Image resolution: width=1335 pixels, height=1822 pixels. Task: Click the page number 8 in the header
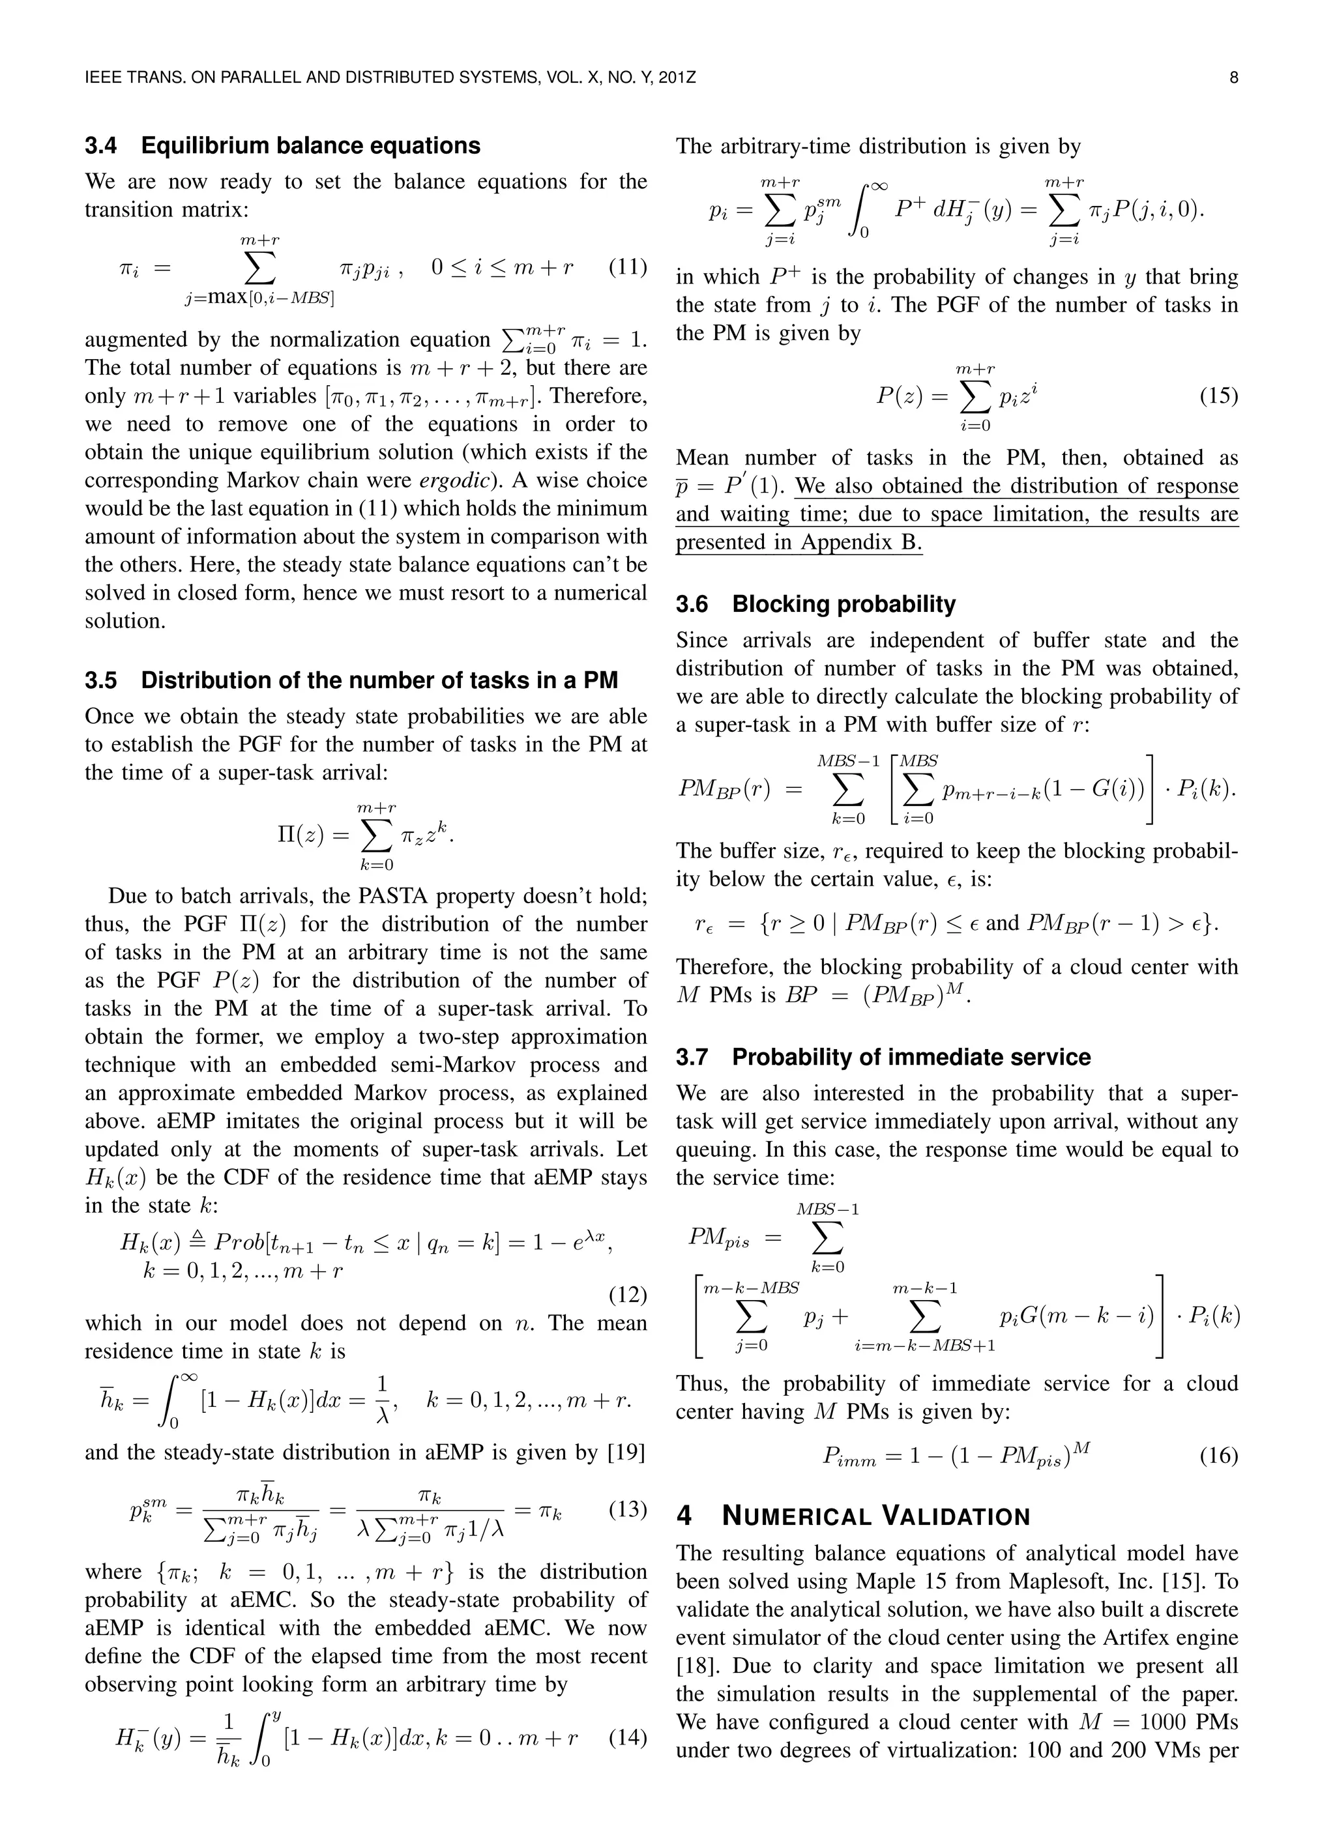pos(1233,78)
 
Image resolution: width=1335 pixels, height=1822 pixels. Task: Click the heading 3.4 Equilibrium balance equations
pos(282,145)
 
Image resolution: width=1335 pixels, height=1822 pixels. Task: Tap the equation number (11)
pos(627,267)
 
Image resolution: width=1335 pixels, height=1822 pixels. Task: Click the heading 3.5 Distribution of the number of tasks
pos(351,680)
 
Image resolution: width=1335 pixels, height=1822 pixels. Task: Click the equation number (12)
pos(627,1295)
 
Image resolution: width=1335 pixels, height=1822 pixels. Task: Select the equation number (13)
pos(627,1509)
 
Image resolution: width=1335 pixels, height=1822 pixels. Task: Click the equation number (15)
pos(1218,396)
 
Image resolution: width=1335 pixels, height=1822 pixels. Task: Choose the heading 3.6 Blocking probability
pos(815,604)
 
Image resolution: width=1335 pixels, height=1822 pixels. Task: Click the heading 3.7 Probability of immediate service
pos(883,1057)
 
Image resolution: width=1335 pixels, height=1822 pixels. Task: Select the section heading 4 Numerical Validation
pos(853,1516)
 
